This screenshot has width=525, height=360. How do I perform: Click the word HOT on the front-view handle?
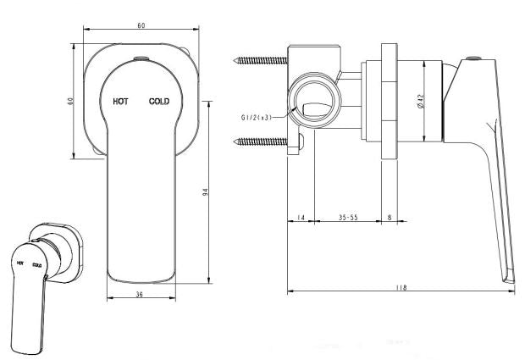pos(120,101)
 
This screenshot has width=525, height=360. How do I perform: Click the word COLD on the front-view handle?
pos(159,101)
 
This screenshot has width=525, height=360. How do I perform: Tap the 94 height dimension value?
pos(206,192)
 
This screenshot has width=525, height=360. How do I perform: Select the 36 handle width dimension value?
pos(140,295)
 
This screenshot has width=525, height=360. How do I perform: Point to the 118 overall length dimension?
pos(401,287)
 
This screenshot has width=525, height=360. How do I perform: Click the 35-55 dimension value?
pos(348,218)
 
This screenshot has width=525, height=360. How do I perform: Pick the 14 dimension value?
pos(301,218)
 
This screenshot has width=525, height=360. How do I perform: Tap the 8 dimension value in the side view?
pos(390,218)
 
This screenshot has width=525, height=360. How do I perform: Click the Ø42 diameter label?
pos(421,101)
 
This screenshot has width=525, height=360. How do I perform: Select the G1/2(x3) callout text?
pos(256,118)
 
